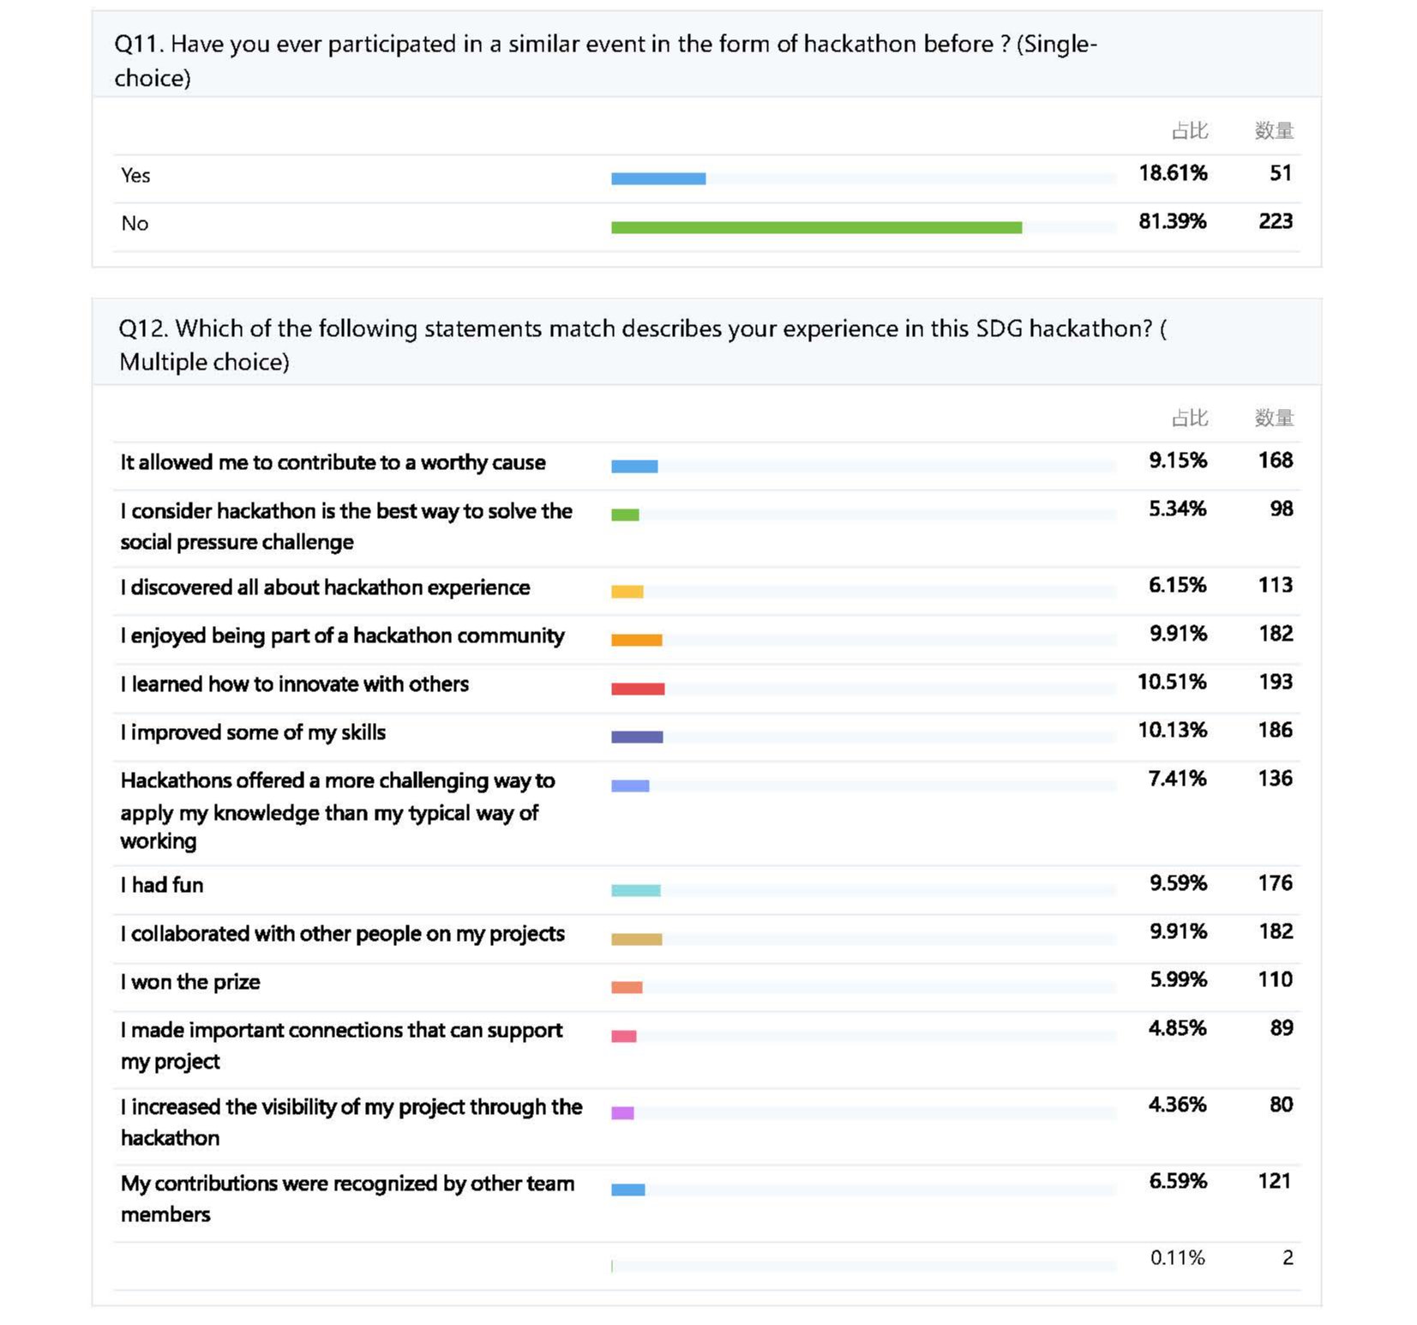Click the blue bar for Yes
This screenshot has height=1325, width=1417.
tap(657, 178)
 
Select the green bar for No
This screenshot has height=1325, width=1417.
tap(816, 227)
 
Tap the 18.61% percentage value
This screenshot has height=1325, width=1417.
tap(1172, 173)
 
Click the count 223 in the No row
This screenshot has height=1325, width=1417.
tap(1275, 221)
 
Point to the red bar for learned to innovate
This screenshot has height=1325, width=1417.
tap(638, 689)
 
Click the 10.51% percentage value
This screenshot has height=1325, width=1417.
tap(1171, 682)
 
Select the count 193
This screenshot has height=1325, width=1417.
tap(1275, 682)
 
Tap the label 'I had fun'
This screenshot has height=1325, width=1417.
tap(162, 885)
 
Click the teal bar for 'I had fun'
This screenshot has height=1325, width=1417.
tap(635, 890)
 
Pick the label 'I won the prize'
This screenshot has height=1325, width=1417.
tap(190, 982)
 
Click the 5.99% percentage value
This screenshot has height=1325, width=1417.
tap(1178, 979)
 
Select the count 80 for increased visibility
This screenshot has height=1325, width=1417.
tap(1281, 1105)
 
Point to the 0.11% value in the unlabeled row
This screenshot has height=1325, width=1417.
tap(1177, 1258)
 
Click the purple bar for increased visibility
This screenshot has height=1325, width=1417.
tap(622, 1113)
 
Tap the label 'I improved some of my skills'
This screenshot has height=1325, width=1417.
tap(253, 732)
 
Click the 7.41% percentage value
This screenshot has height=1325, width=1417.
tap(1177, 779)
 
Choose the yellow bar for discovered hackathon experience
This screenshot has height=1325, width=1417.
tap(627, 592)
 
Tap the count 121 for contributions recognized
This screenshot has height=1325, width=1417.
tap(1275, 1181)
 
